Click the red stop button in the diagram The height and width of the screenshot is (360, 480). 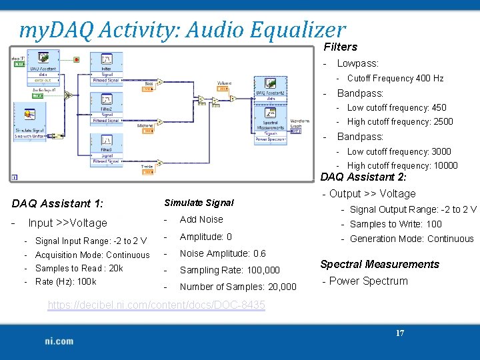coord(77,59)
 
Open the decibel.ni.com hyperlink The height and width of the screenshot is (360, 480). coord(156,305)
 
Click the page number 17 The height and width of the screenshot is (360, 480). coord(400,333)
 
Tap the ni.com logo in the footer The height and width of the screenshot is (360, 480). coord(59,341)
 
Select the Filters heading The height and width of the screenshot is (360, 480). coord(341,47)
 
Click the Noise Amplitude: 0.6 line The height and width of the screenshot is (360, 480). coord(223,253)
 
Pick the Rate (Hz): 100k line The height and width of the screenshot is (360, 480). coord(65,281)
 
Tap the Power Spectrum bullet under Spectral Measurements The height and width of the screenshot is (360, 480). coord(368,281)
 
